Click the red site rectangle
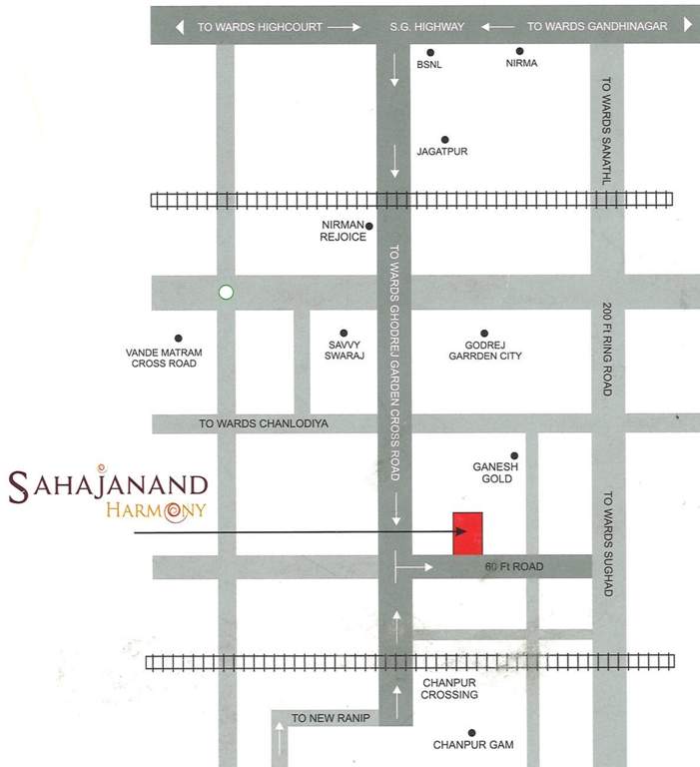click(x=467, y=533)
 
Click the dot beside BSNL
click(x=430, y=52)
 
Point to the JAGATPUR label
click(x=442, y=152)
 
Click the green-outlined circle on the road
click(x=226, y=293)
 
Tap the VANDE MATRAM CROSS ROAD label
click(x=164, y=359)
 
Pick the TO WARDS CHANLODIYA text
click(x=264, y=423)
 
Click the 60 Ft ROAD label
click(x=513, y=567)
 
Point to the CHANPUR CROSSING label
click(x=449, y=688)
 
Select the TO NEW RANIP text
click(x=331, y=719)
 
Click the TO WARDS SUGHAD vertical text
click(x=606, y=543)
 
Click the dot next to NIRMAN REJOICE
click(x=368, y=226)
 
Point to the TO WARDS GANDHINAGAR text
click(x=596, y=27)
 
